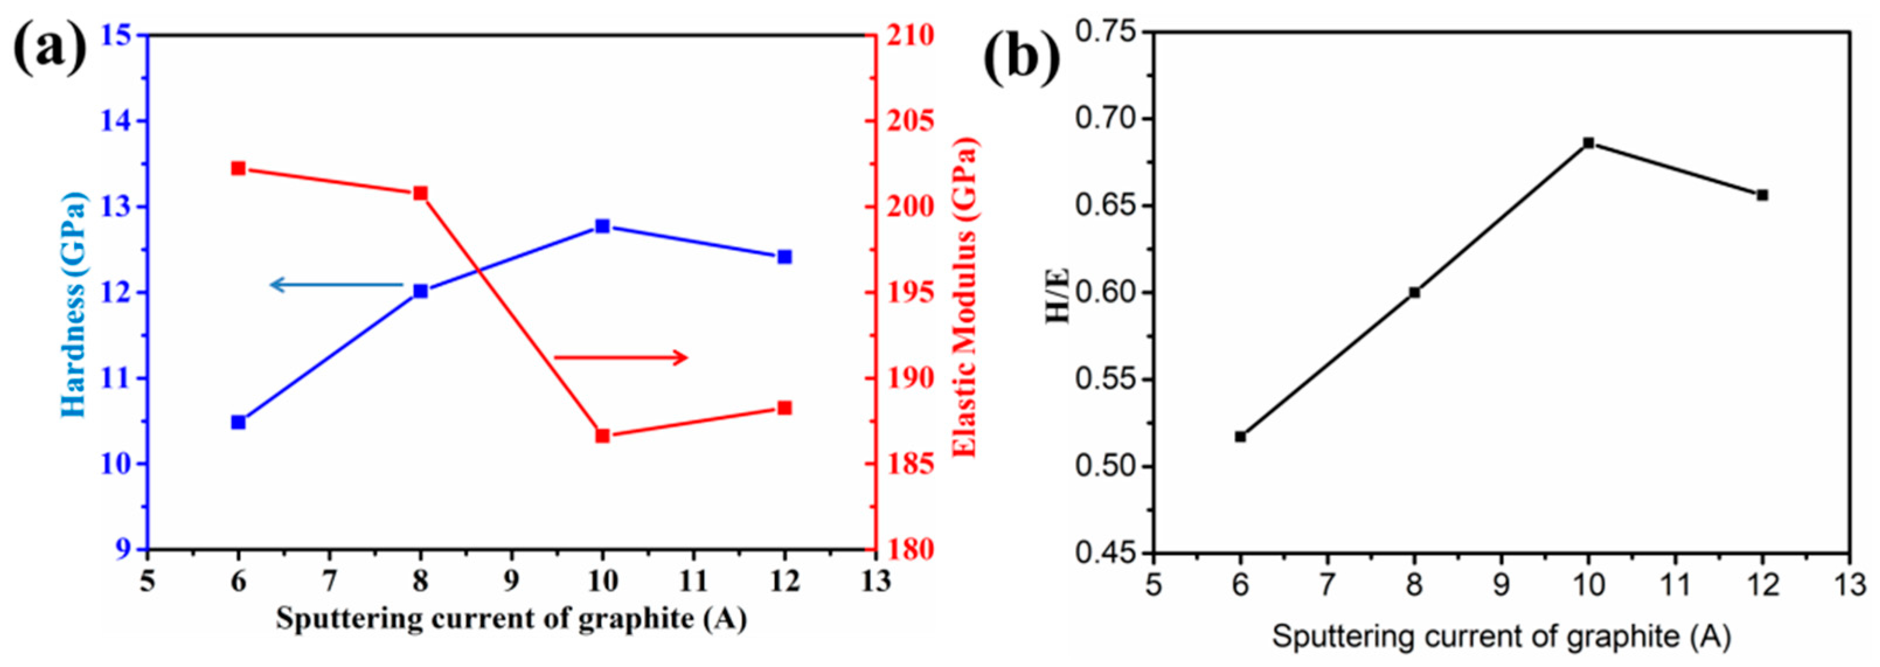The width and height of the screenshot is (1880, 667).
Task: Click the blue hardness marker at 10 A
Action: click(x=602, y=226)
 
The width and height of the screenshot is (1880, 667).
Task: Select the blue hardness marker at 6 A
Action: click(x=238, y=422)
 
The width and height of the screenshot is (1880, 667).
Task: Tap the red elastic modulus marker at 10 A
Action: click(x=602, y=436)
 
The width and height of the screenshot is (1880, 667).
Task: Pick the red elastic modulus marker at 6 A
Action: click(x=238, y=169)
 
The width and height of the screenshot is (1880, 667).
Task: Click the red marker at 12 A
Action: click(x=784, y=408)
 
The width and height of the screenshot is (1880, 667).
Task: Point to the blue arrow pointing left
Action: click(x=336, y=284)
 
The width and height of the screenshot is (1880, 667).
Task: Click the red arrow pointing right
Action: click(x=621, y=357)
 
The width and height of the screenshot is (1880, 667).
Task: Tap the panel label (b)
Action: click(x=1021, y=58)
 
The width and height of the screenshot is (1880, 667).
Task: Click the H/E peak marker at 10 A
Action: click(x=1588, y=143)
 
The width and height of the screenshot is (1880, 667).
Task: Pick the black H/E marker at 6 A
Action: click(x=1240, y=436)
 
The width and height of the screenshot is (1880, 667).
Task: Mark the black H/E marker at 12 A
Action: click(x=1762, y=195)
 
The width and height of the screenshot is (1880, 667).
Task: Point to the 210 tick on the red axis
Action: click(x=909, y=35)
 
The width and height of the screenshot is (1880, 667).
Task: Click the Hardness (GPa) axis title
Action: click(x=73, y=305)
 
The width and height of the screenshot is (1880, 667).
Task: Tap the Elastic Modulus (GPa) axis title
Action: click(x=965, y=298)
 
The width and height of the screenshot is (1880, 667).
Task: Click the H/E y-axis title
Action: click(x=1058, y=295)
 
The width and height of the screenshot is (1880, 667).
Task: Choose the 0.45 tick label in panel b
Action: click(x=1106, y=553)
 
